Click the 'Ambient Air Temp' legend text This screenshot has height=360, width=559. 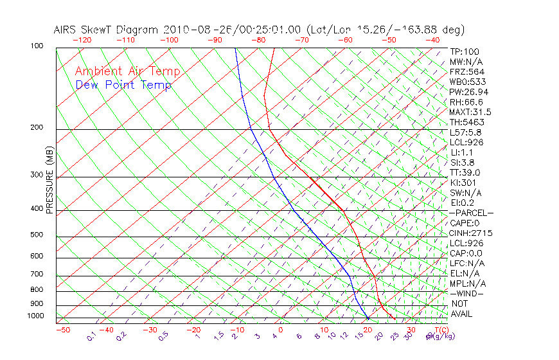[127, 71]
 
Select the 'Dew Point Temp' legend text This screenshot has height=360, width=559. [123, 85]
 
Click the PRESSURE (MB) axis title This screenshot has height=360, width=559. [49, 183]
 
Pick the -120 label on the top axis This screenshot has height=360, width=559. [82, 40]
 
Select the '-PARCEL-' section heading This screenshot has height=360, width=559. [471, 213]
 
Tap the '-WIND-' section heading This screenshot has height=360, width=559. [466, 294]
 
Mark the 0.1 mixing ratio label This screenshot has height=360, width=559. [91, 337]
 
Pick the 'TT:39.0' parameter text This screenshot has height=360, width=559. [465, 172]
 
